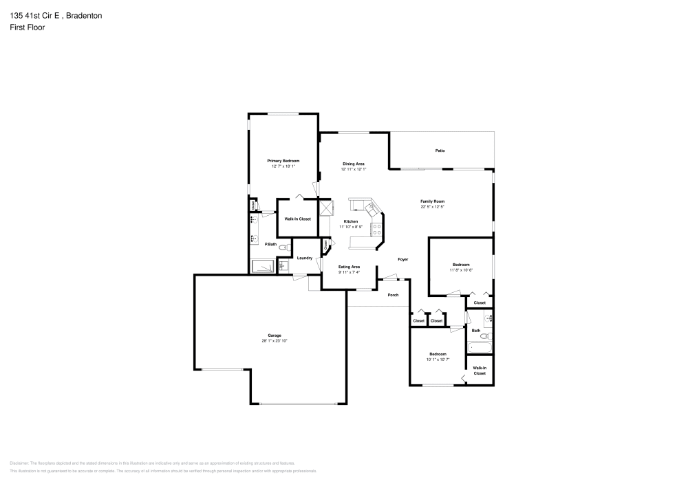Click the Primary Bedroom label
pyautogui.click(x=283, y=160)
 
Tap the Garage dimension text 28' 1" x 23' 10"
pyautogui.click(x=274, y=341)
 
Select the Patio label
pyautogui.click(x=440, y=150)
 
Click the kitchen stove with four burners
pyautogui.click(x=377, y=229)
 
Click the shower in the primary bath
pyautogui.click(x=262, y=266)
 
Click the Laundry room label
pyautogui.click(x=305, y=258)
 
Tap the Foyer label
pyautogui.click(x=403, y=259)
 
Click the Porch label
pyautogui.click(x=393, y=295)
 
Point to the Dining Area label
pyautogui.click(x=354, y=164)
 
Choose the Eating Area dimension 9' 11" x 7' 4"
pyautogui.click(x=349, y=272)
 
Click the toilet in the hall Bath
pyautogui.click(x=485, y=336)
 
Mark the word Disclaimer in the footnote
pyautogui.click(x=20, y=463)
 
